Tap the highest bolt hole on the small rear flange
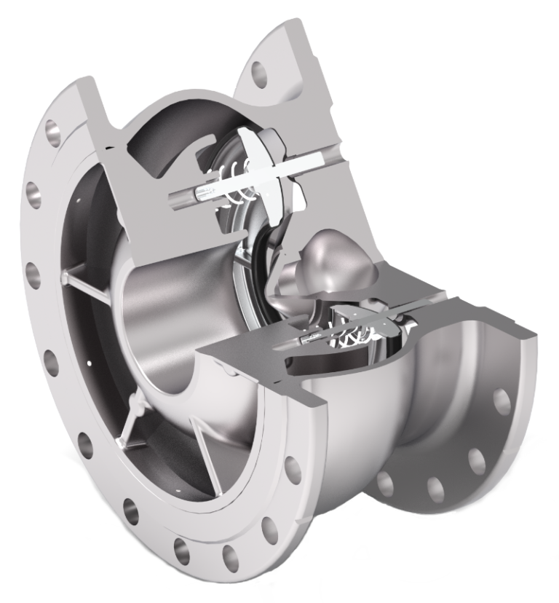[x=501, y=401]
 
